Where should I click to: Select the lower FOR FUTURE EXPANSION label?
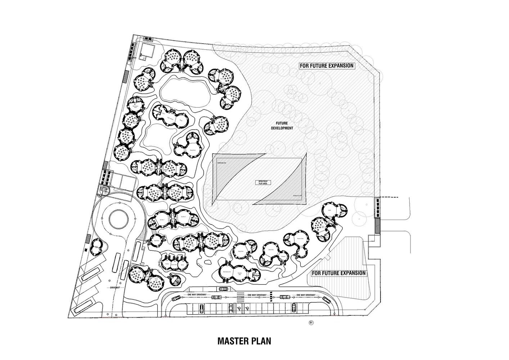[338, 273]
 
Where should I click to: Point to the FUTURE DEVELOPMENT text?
[283, 125]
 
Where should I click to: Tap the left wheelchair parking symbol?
[239, 308]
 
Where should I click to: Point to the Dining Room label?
[240, 252]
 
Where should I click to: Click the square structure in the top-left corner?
[147, 50]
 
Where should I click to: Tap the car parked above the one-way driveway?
[223, 288]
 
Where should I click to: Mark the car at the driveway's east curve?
[326, 300]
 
